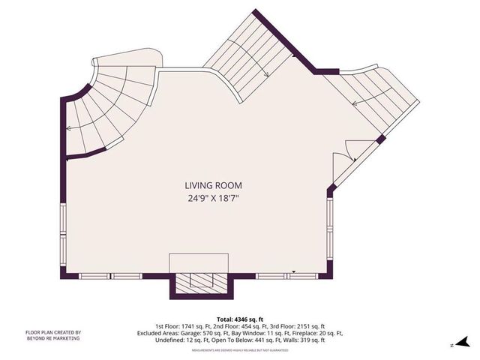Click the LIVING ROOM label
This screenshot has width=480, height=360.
(x=214, y=185)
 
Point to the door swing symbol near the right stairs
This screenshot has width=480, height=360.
(x=341, y=156)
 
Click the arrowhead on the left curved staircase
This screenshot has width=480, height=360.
(x=68, y=129)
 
